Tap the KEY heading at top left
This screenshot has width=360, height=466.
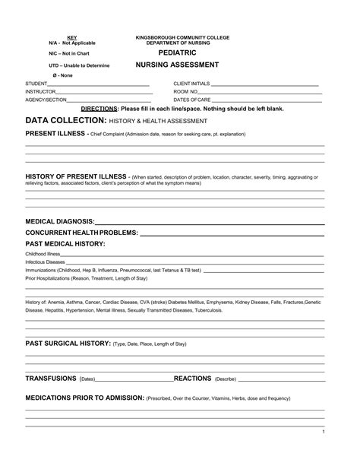click(71, 37)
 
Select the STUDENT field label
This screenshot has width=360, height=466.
click(36, 83)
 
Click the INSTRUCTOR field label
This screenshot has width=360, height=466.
click(40, 91)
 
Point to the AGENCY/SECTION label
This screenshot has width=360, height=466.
click(46, 100)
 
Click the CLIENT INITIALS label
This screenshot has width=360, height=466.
click(191, 83)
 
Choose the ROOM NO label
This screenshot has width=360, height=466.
click(185, 91)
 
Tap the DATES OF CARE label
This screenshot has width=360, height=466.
click(192, 100)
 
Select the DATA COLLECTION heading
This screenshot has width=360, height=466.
click(65, 121)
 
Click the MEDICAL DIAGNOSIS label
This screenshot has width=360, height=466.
click(60, 220)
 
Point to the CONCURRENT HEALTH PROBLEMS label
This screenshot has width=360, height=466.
click(81, 232)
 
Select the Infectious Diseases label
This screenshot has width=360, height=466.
click(46, 262)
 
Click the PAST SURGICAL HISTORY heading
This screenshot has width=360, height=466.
click(68, 343)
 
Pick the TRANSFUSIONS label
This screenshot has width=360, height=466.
click(51, 378)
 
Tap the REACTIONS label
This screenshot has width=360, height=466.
click(193, 378)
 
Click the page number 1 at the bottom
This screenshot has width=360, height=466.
click(323, 432)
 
